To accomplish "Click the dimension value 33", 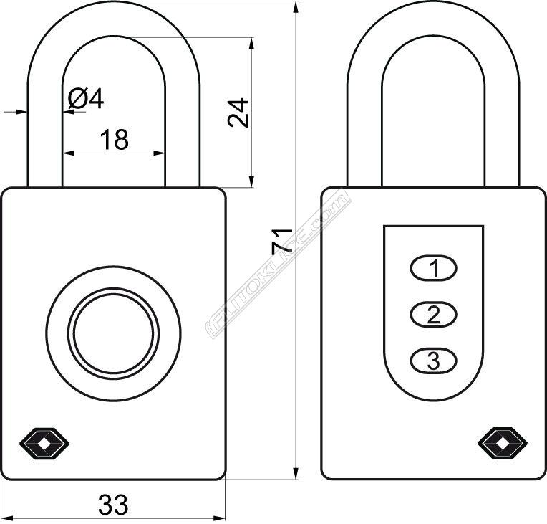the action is point(113,505).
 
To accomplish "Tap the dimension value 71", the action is point(282,241).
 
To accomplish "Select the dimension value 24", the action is point(238,113).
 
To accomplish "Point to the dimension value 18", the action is point(115,139).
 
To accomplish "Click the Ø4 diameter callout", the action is point(86,98).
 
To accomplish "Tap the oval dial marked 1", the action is point(433,268).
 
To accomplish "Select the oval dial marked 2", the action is point(433,314).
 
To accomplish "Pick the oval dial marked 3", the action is point(433,360).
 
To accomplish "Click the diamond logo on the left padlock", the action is point(44,444).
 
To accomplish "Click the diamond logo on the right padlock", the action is point(503,444).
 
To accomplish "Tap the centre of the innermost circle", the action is point(113,333).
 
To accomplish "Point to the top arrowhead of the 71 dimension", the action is point(296,8).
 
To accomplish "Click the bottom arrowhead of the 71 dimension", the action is point(296,472).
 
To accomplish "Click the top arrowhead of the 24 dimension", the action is point(251,44).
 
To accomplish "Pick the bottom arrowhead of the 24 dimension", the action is point(251,180).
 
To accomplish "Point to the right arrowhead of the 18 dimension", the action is point(158,153).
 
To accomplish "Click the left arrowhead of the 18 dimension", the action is point(69,153).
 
